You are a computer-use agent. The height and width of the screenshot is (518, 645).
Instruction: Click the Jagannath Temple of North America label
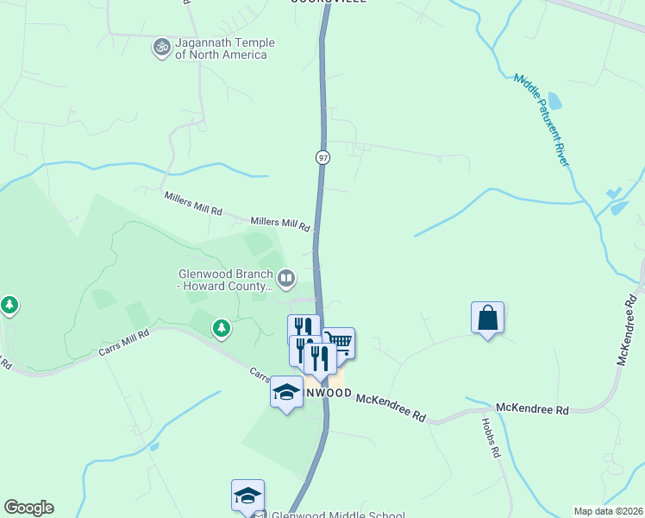point(224,48)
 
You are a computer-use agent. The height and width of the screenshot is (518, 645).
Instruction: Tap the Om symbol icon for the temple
point(160,47)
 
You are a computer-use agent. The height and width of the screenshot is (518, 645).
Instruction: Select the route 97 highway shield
point(322,157)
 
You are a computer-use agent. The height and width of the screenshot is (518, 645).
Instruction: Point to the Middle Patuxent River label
point(544,118)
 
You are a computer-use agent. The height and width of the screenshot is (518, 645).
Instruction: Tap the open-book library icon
point(286,279)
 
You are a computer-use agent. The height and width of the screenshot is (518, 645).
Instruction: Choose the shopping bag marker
point(487,318)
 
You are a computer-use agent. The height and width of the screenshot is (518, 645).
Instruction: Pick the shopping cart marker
point(339,343)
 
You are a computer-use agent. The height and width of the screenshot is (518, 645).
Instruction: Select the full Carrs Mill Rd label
point(123,343)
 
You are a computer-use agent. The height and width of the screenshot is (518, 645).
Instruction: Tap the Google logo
point(28,508)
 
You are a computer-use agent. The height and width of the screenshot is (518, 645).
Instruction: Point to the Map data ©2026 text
point(608,511)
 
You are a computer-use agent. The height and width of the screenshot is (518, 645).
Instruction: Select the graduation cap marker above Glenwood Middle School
point(247,496)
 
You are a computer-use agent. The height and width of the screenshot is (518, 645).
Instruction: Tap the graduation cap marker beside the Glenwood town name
point(286,392)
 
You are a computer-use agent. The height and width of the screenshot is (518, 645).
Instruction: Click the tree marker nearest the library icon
point(222,328)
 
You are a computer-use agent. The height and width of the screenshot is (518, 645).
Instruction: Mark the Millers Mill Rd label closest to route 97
point(280,224)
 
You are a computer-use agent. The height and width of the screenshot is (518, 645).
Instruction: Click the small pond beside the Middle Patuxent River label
point(554,101)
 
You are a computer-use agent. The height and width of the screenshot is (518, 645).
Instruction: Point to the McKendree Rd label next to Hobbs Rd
point(533,407)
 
